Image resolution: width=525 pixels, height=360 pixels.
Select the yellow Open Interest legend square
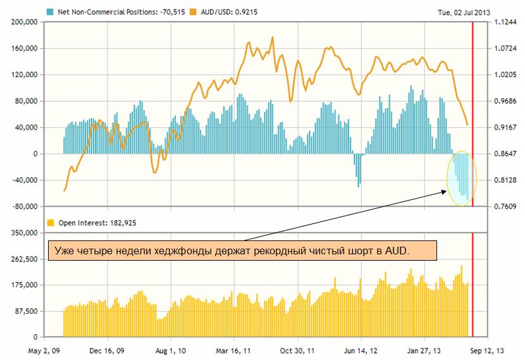click(50, 223)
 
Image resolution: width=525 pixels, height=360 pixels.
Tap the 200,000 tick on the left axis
click(23, 22)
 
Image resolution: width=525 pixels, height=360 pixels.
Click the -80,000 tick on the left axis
click(23, 207)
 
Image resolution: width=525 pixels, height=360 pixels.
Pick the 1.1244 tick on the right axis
click(505, 22)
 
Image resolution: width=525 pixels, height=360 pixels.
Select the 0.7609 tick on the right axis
click(505, 207)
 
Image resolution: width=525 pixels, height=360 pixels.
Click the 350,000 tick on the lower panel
click(23, 233)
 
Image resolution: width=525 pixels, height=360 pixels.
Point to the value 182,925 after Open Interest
click(123, 223)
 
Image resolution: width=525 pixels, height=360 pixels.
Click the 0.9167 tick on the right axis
click(505, 128)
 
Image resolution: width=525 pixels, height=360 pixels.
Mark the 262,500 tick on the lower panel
click(23, 259)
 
